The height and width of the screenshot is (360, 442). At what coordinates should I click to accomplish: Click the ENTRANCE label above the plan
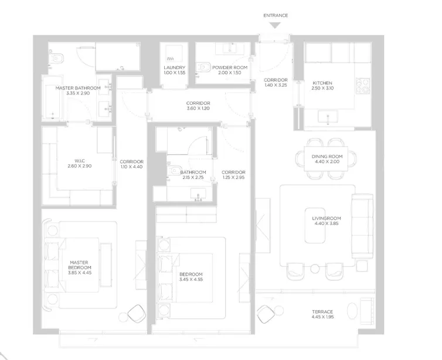276,15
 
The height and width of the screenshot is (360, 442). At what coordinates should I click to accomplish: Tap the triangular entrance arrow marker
276,26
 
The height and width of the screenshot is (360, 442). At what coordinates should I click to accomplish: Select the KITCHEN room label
322,83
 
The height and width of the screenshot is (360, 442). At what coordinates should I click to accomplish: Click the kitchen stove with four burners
362,86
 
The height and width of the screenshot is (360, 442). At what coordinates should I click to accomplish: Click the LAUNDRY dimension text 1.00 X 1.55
174,73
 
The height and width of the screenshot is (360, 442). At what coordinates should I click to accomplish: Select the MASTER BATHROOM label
78,88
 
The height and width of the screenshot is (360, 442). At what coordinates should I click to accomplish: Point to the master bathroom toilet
56,59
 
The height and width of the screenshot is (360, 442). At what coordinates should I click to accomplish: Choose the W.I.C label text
80,161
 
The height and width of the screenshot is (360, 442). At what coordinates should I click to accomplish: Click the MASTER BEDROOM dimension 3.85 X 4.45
80,273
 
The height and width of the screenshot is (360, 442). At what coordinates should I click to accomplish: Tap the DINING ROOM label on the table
327,157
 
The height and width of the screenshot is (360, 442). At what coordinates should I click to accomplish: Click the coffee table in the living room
315,226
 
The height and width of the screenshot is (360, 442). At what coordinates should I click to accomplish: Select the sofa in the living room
362,226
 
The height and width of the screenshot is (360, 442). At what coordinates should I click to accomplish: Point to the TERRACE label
322,312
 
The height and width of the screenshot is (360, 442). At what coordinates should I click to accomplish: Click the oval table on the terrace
352,310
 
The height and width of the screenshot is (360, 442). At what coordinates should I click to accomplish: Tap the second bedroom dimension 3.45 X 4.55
191,279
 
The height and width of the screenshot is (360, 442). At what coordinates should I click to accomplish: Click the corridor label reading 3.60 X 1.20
198,108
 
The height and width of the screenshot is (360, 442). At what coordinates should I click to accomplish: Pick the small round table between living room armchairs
315,269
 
